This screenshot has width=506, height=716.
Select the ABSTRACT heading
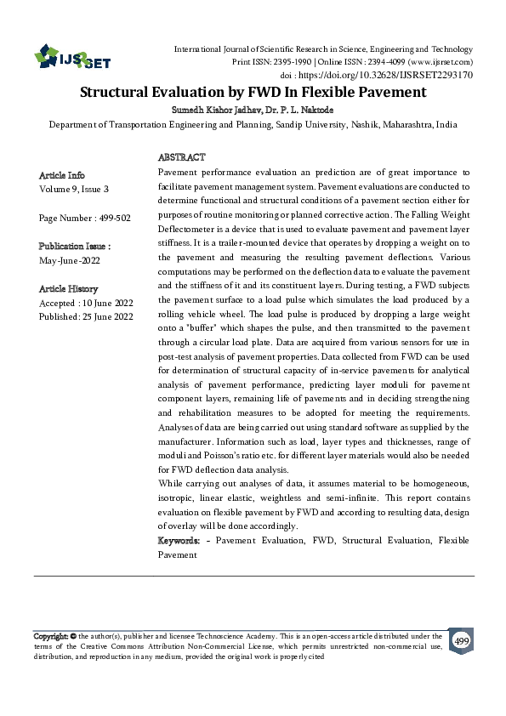pyautogui.click(x=182, y=158)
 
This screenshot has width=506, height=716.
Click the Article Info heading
pyautogui.click(x=62, y=175)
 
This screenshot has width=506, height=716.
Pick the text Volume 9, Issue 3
pyautogui.click(x=74, y=189)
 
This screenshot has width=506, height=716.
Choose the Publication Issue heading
pyautogui.click(x=75, y=246)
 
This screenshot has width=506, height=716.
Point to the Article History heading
pyautogui.click(x=68, y=289)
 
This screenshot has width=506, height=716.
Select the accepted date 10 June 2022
pyautogui.click(x=103, y=303)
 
